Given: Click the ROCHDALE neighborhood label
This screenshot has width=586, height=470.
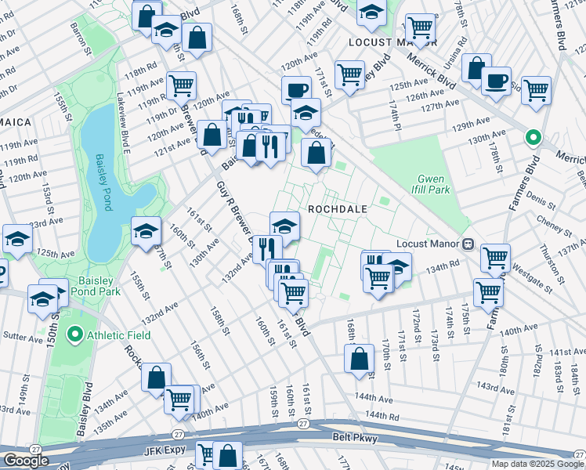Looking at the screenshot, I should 337,209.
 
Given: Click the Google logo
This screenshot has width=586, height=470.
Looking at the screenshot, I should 26,461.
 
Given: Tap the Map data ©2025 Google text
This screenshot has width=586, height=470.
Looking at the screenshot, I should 537,464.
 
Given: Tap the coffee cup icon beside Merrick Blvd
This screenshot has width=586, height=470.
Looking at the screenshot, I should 496,81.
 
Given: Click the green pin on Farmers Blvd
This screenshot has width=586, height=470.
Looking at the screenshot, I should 534,139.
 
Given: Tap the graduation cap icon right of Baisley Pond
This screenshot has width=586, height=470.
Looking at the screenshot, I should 146,232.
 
